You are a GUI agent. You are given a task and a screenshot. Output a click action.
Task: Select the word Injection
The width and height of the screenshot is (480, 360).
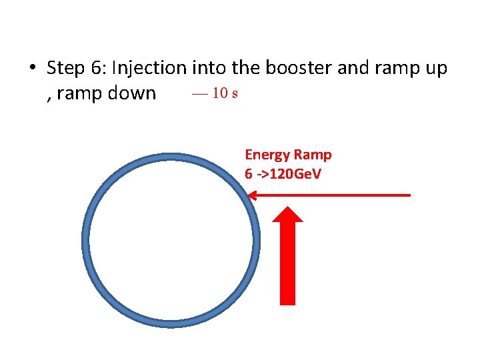click(x=150, y=69)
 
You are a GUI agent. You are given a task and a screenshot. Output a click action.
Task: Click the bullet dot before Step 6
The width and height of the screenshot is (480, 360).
click(x=31, y=69)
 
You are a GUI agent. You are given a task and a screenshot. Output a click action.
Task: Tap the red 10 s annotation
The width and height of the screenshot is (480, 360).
click(x=215, y=93)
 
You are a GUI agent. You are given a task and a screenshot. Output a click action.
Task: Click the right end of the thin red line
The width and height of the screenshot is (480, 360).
click(x=409, y=195)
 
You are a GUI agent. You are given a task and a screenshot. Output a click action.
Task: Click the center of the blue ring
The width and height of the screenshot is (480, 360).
click(x=170, y=240)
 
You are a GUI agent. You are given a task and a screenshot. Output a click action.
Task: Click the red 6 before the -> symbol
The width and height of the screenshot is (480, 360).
click(x=249, y=174)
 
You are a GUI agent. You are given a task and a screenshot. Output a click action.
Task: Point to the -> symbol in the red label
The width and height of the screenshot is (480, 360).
click(x=262, y=174)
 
